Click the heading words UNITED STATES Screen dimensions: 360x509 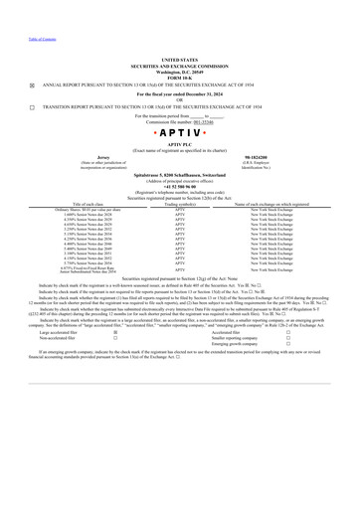(180, 60)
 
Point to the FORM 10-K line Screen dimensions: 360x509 (180, 76)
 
